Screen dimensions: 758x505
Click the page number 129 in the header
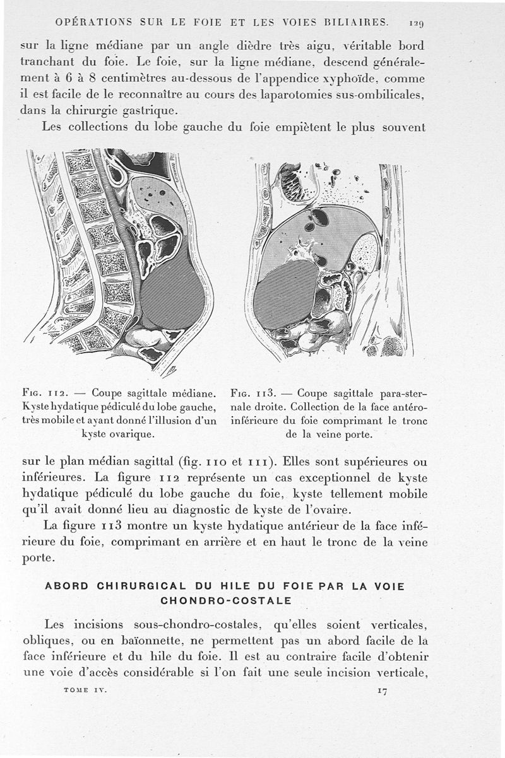pyautogui.click(x=415, y=23)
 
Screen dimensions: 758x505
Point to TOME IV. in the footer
pyautogui.click(x=85, y=690)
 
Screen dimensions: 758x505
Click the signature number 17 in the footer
pyautogui.click(x=382, y=691)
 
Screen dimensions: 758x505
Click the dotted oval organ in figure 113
pyautogui.click(x=365, y=252)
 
